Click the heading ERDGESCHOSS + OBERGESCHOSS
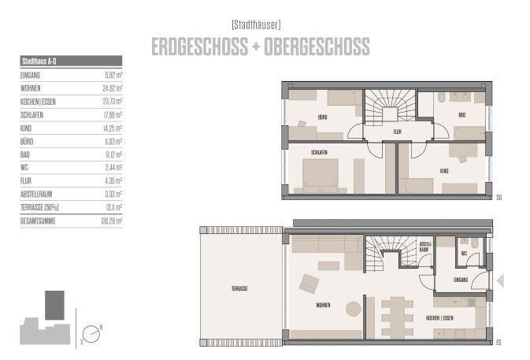(260, 47)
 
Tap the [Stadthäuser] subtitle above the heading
(258, 24)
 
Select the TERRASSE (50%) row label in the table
(40, 208)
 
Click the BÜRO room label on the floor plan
(323, 117)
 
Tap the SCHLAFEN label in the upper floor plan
(319, 152)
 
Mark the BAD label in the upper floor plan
(461, 116)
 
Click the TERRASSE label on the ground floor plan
(239, 289)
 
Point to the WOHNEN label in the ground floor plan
(323, 304)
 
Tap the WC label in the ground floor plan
(465, 254)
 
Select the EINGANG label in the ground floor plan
(461, 279)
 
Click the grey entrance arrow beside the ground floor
(499, 280)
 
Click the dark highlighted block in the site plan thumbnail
(54, 305)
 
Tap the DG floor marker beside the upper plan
(498, 197)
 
